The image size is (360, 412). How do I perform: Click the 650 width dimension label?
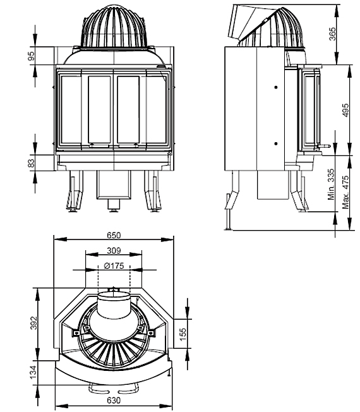coord(114,234)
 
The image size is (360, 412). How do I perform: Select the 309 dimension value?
coord(114,250)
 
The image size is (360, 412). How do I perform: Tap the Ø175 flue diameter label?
coord(114,265)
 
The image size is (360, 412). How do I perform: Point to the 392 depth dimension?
coord(34,323)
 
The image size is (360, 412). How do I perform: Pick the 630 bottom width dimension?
coord(114,400)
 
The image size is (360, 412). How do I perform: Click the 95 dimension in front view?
coord(31,56)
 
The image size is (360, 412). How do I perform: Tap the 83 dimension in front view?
coord(31,164)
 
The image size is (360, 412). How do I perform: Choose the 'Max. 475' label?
coord(345,192)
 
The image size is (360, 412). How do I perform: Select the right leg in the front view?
coord(152,192)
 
